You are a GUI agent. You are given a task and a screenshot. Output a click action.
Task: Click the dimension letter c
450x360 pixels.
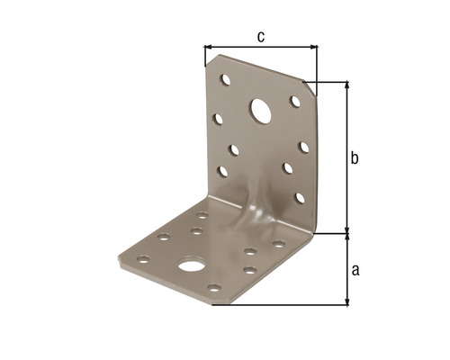261,37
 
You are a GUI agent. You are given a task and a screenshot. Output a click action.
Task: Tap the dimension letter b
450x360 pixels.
355,157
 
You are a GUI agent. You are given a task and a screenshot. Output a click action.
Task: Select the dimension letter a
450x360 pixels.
355,270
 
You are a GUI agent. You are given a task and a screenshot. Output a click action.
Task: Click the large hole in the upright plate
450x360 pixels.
261,112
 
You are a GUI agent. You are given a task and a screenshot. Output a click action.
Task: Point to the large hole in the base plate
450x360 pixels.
191,265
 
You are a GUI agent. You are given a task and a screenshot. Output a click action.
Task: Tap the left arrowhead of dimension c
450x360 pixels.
208,47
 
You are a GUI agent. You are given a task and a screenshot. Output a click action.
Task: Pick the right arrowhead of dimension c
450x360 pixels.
314,47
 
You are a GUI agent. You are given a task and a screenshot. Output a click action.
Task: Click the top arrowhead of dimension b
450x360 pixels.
347,85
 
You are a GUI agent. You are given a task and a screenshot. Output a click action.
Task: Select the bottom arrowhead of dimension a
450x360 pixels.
347,301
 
